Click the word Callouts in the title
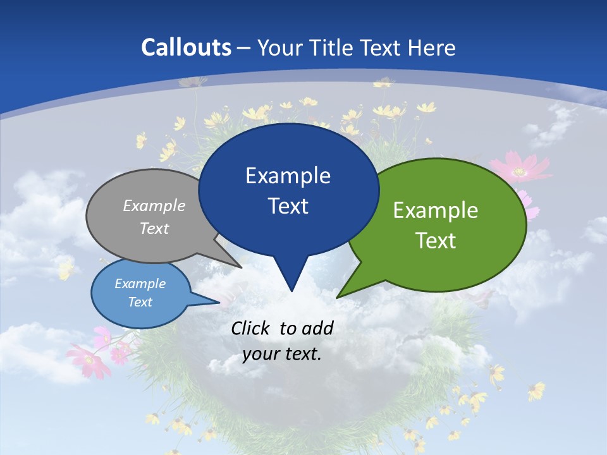(187, 47)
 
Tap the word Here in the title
(432, 47)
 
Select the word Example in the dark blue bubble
(288, 176)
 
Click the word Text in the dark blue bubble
(288, 206)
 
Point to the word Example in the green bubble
(436, 210)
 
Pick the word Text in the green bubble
(436, 241)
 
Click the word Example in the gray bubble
(154, 205)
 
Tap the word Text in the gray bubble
(154, 228)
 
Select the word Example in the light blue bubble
(140, 284)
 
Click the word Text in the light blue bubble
(140, 302)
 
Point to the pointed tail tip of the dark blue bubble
(291, 291)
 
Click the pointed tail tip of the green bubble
(338, 297)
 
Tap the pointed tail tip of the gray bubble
(241, 267)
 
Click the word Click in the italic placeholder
(251, 328)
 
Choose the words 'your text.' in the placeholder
(282, 354)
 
